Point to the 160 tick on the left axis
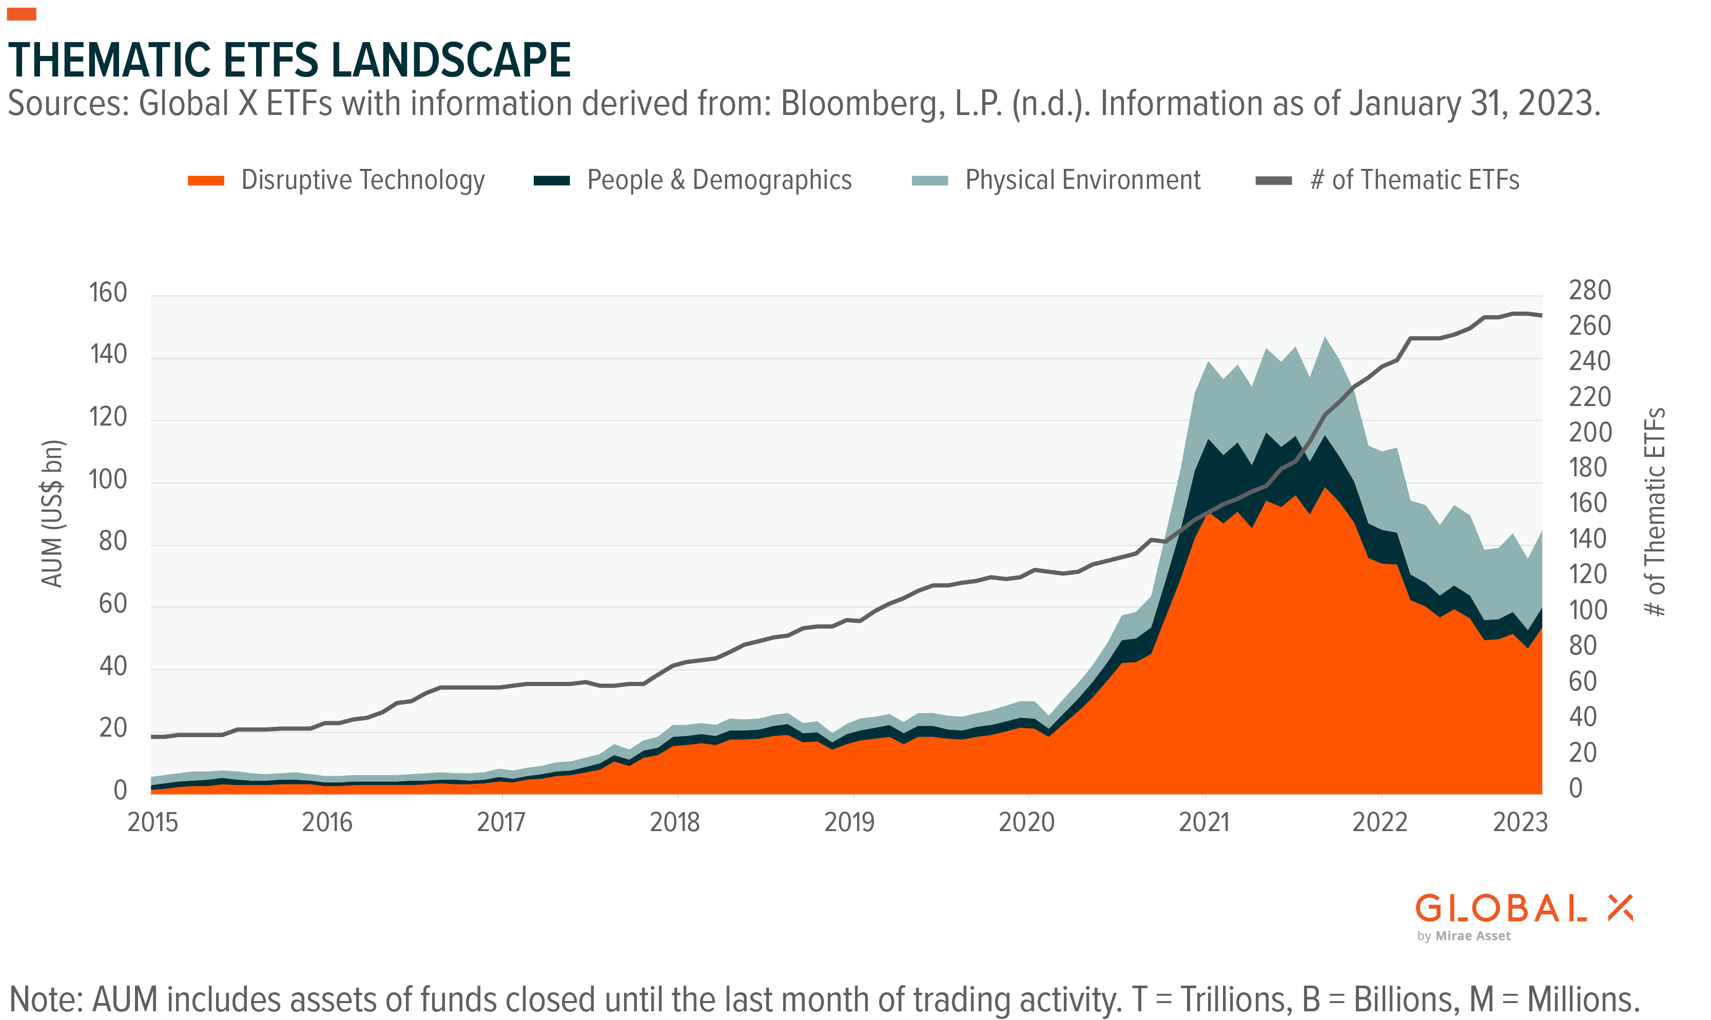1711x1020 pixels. point(108,293)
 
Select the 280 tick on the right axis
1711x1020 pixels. point(1589,290)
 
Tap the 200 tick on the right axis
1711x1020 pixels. point(1589,432)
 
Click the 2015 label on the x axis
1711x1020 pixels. point(152,822)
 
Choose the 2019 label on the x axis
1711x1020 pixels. point(849,822)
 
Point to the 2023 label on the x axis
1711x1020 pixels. point(1520,822)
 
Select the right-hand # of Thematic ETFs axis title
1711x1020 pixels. point(1655,512)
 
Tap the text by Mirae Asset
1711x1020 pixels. point(1464,936)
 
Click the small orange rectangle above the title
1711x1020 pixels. point(22,14)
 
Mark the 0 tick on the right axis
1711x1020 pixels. point(1576,788)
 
